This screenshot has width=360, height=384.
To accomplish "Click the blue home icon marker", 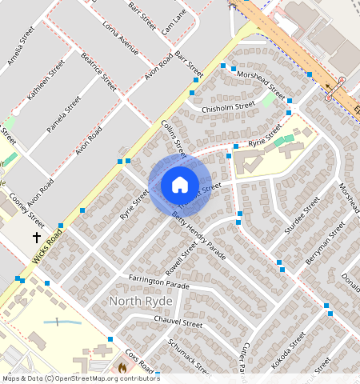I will point(180,186).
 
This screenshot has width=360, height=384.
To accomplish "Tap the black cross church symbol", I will point(36,238).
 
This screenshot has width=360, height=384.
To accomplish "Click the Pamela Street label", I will point(64,115).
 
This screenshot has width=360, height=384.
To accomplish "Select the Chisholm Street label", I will point(228,105).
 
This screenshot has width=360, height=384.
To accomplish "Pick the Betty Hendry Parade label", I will point(198,239).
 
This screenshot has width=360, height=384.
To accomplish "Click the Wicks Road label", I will point(48,248).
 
